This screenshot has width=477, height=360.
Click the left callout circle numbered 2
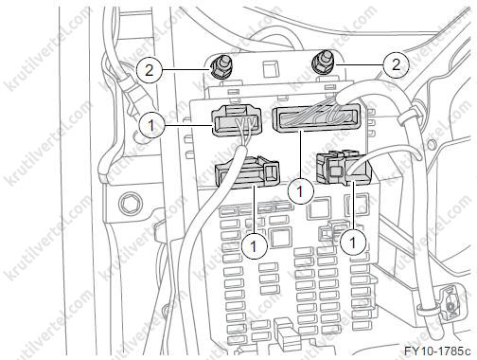click(149, 69)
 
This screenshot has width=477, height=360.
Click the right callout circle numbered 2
click(397, 65)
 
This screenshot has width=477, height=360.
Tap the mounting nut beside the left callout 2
click(219, 66)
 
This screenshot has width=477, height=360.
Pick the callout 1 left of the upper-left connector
click(151, 125)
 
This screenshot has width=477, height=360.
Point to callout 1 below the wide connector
click(300, 190)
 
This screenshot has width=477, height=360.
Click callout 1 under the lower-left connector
click(254, 246)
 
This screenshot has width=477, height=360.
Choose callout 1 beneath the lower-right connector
click(353, 243)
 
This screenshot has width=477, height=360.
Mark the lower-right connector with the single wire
click(344, 168)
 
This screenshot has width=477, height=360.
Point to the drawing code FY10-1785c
click(437, 351)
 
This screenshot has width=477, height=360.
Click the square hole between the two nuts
click(270, 70)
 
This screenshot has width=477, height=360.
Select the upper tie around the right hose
click(410, 115)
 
